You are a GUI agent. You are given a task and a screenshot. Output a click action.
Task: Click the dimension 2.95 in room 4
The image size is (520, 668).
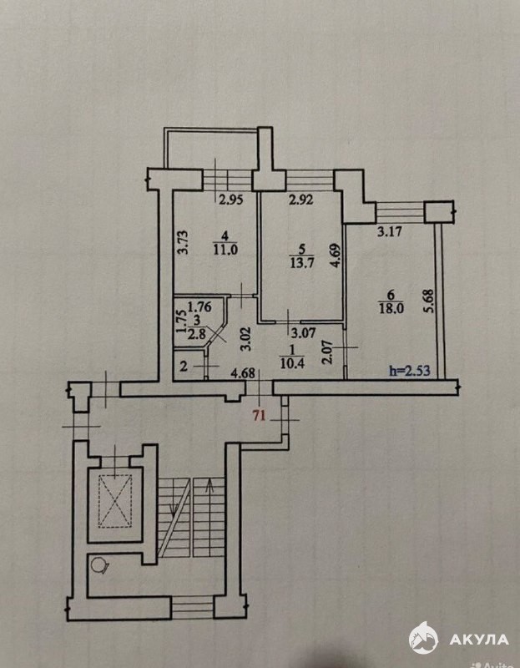pos(231,200)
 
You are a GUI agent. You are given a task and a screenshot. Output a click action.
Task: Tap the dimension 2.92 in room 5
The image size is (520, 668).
pos(301,199)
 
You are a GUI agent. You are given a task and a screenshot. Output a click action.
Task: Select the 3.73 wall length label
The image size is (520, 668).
pos(182,242)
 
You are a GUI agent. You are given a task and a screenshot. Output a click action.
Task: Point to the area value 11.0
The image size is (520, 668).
pos(225,250)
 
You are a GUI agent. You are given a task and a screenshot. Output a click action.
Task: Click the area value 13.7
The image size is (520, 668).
pos(301,263)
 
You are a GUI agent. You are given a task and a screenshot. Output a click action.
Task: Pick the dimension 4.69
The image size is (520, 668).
pos(336,256)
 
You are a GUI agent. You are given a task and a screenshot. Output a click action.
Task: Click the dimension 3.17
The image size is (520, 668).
pos(391,233)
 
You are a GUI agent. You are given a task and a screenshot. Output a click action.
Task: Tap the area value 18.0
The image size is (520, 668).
pos(391,308)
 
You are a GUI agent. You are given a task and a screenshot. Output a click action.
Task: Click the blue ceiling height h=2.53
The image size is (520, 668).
pos(410,371)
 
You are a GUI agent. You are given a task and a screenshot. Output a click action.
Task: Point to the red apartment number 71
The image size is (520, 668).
pos(260,415)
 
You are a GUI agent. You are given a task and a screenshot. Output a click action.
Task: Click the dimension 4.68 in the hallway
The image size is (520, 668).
pos(243,374)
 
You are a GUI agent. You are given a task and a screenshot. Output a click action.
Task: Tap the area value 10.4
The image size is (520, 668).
pos(292,363)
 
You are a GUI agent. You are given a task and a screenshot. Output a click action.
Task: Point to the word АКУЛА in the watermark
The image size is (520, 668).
pos(479,639)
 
